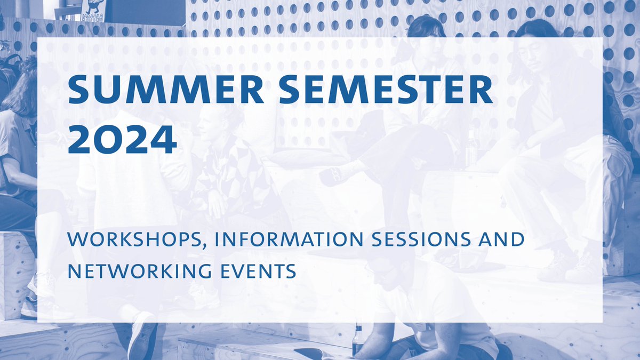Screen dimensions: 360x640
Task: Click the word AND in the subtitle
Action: pos(501,240)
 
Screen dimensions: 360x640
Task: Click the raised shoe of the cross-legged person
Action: pos(337,175)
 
